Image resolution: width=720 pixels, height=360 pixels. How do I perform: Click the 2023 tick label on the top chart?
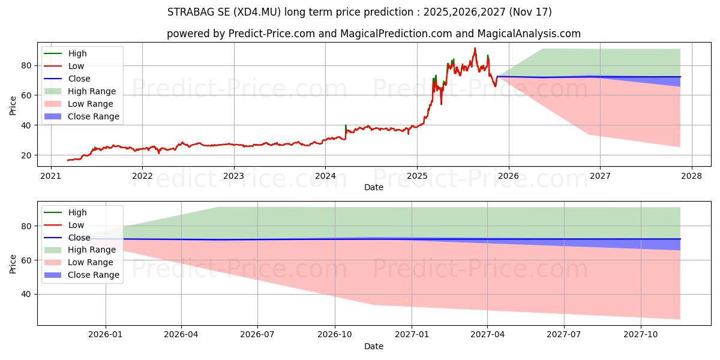pos(233,176)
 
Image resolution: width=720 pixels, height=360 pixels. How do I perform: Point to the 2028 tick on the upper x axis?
pos(691,176)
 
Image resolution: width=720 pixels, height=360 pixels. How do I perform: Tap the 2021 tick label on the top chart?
pos(50,176)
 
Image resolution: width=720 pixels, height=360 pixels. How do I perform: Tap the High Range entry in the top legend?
pos(92,91)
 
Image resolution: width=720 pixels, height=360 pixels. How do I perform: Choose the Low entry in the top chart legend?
pos(76,66)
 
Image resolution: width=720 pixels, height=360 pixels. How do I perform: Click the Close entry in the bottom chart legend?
pos(79,238)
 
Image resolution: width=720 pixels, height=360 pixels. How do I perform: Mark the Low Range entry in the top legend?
pos(91,104)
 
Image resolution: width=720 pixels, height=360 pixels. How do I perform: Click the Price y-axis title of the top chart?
pos(13,106)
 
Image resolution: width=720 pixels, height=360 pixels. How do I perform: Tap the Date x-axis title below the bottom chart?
pos(373,346)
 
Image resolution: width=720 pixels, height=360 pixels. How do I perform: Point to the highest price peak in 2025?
pos(475,48)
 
